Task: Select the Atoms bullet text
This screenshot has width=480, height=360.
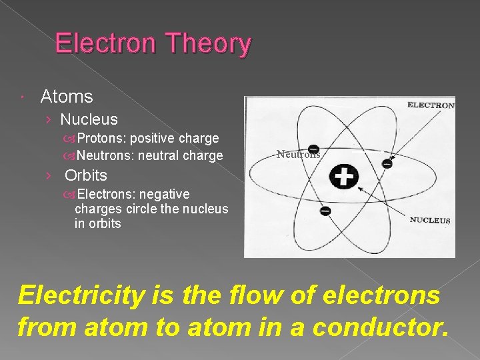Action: pyautogui.click(x=67, y=97)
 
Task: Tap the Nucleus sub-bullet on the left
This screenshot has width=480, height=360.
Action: pyautogui.click(x=89, y=120)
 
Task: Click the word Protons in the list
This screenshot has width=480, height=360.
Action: pyautogui.click(x=101, y=139)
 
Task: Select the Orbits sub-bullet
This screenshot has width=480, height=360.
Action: pyautogui.click(x=85, y=176)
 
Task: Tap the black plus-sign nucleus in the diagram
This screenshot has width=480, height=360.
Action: pyautogui.click(x=344, y=176)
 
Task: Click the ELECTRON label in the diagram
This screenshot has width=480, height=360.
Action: pyautogui.click(x=430, y=105)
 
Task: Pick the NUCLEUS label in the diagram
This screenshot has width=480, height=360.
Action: pyautogui.click(x=429, y=220)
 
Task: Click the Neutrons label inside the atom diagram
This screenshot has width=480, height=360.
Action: pyautogui.click(x=299, y=154)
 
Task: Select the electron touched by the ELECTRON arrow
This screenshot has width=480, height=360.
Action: pyautogui.click(x=387, y=163)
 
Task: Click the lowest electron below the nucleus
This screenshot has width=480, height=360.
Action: pyautogui.click(x=325, y=211)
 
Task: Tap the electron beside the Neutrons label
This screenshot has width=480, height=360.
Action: pyautogui.click(x=313, y=149)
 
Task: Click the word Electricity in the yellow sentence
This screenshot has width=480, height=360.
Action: pyautogui.click(x=80, y=295)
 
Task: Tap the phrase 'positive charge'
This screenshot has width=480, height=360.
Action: pyautogui.click(x=175, y=139)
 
